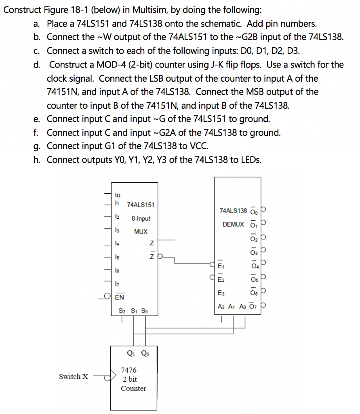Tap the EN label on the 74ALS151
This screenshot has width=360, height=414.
[120, 298]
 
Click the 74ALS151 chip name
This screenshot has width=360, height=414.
[141, 205]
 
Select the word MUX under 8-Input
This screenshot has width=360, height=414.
[141, 232]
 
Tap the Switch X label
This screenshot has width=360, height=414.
[73, 376]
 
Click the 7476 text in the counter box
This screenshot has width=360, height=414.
[129, 370]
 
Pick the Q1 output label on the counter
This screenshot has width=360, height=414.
[131, 353]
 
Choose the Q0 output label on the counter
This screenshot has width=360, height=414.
[144, 353]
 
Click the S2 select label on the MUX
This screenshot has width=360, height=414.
[122, 311]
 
